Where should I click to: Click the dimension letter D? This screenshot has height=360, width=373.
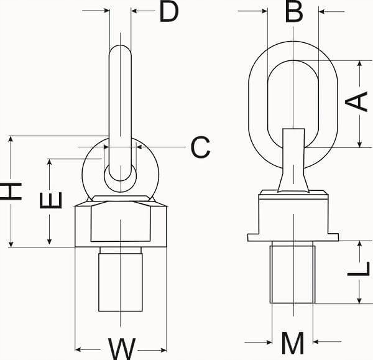click(x=168, y=12)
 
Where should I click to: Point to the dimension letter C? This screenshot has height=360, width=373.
click(x=200, y=147)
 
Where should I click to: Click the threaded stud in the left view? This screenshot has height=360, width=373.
click(x=120, y=279)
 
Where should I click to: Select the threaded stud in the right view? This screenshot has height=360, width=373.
click(x=292, y=274)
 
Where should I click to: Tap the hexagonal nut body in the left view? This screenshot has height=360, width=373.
click(x=121, y=224)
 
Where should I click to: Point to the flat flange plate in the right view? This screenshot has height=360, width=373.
click(x=293, y=237)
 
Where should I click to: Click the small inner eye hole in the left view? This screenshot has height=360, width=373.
click(x=120, y=175)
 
